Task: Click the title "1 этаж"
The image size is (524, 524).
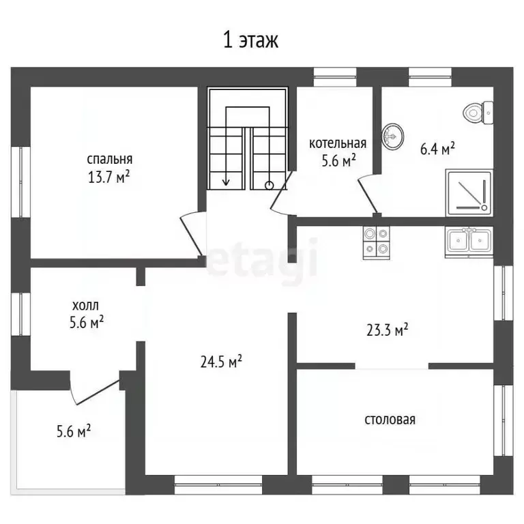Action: pyautogui.click(x=250, y=40)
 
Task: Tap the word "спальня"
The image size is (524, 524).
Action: pyautogui.click(x=110, y=159)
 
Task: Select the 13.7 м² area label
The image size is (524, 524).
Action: pyautogui.click(x=108, y=177)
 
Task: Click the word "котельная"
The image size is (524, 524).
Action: pyautogui.click(x=338, y=143)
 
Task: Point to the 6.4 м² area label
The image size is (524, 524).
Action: pyautogui.click(x=437, y=148)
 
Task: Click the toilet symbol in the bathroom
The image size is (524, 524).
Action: pyautogui.click(x=478, y=113)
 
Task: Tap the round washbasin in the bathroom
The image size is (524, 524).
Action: pyautogui.click(x=392, y=136)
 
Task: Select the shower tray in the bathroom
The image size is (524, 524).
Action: pyautogui.click(x=469, y=192)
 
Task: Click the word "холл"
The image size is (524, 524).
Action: pyautogui.click(x=85, y=306)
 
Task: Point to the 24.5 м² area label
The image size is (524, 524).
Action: pyautogui.click(x=221, y=362)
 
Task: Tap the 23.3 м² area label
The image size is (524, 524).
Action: pyautogui.click(x=387, y=330)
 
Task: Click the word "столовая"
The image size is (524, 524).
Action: pyautogui.click(x=390, y=420)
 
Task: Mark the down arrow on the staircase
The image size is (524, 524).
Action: pyautogui.click(x=226, y=146)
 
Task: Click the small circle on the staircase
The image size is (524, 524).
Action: pyautogui.click(x=269, y=186)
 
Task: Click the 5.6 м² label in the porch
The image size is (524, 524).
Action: pyautogui.click(x=74, y=431)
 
